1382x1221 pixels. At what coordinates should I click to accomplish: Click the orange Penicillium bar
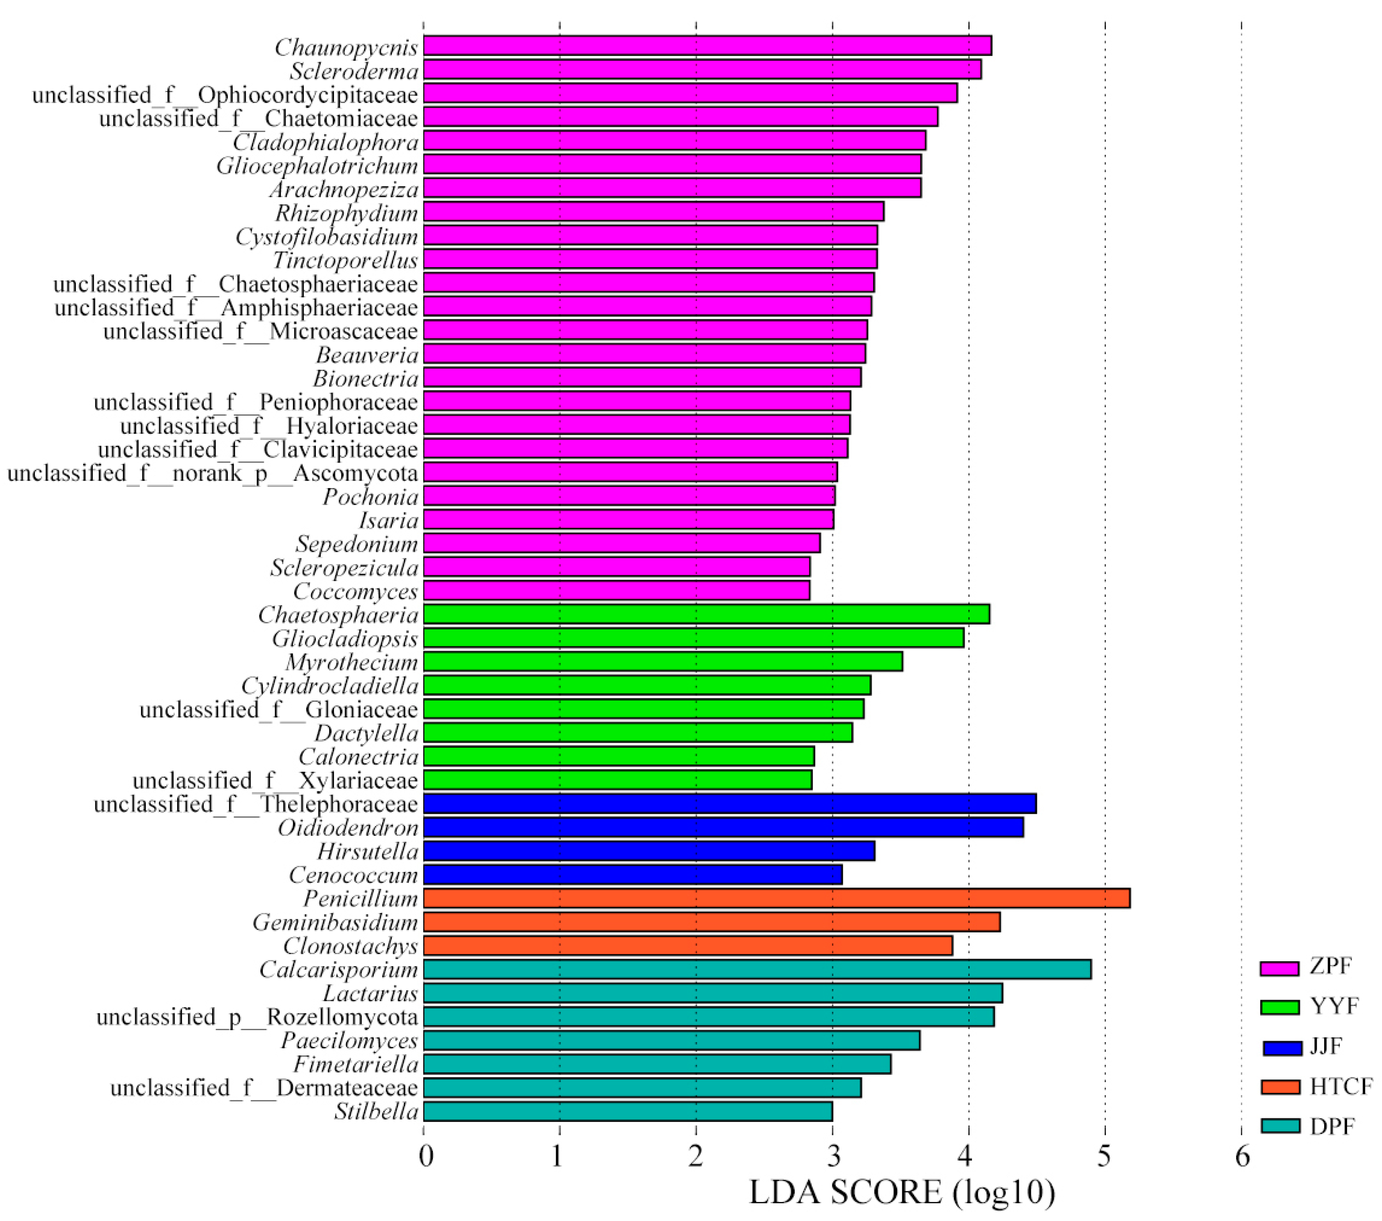(776, 899)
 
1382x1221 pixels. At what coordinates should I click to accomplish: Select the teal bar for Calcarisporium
(757, 970)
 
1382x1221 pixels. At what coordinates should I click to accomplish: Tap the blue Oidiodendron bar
(723, 827)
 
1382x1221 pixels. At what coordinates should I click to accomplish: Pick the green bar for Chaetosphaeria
(706, 614)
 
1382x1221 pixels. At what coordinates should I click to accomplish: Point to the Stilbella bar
(627, 1111)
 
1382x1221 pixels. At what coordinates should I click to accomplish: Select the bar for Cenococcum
(633, 875)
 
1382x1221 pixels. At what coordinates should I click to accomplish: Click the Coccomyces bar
(617, 591)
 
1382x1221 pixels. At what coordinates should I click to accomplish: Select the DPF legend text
(1332, 1126)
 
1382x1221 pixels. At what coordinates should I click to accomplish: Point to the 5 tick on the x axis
(1104, 1157)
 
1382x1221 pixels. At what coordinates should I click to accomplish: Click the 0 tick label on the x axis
(426, 1157)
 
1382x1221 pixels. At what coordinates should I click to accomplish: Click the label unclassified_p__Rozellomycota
(257, 1017)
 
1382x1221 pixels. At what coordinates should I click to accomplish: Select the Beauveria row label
(367, 355)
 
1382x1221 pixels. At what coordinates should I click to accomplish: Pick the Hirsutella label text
(368, 852)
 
